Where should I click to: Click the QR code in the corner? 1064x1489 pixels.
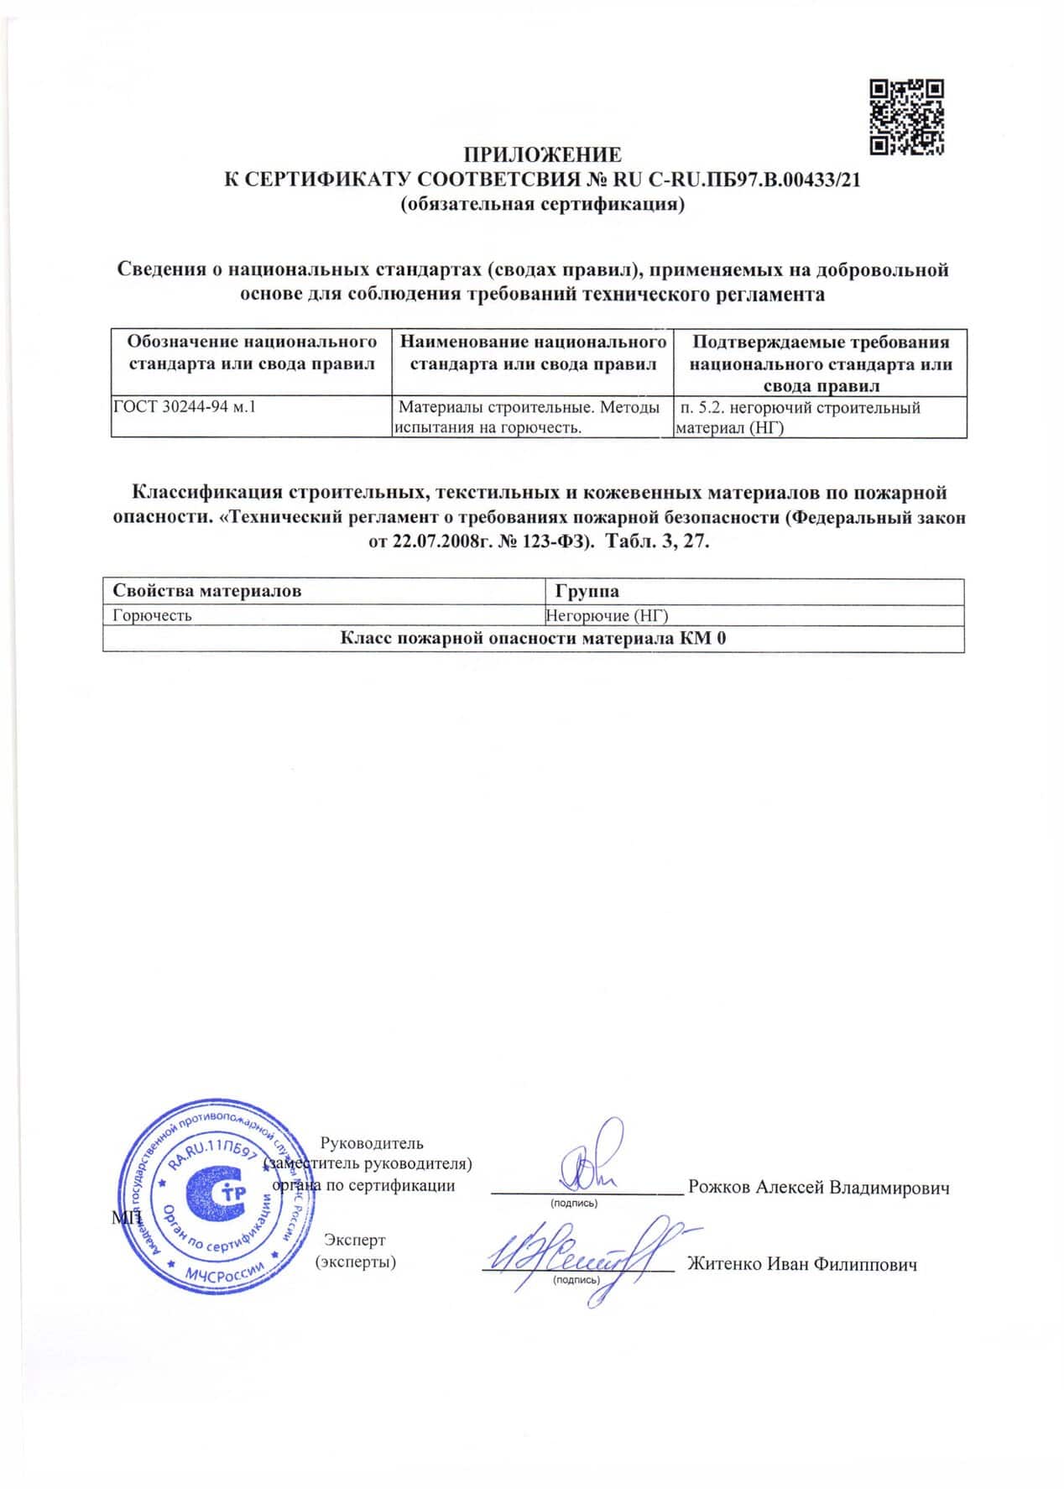(907, 117)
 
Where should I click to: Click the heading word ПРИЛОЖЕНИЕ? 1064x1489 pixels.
(543, 155)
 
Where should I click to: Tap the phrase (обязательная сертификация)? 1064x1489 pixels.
(542, 204)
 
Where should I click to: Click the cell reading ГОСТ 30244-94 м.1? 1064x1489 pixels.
(185, 408)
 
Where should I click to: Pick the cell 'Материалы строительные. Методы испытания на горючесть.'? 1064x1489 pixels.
(530, 417)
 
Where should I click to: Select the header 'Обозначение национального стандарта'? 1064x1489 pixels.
(252, 353)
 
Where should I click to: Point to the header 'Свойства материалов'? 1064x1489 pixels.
(207, 591)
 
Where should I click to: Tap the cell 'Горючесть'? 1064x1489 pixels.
(153, 615)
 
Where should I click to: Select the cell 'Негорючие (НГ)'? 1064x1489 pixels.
(607, 615)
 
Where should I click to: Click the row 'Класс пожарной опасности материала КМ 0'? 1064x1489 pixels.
(533, 639)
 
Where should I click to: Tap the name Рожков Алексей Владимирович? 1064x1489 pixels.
(818, 1188)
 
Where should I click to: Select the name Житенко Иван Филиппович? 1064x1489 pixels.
(801, 1264)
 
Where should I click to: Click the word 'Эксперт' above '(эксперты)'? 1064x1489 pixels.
(355, 1240)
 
